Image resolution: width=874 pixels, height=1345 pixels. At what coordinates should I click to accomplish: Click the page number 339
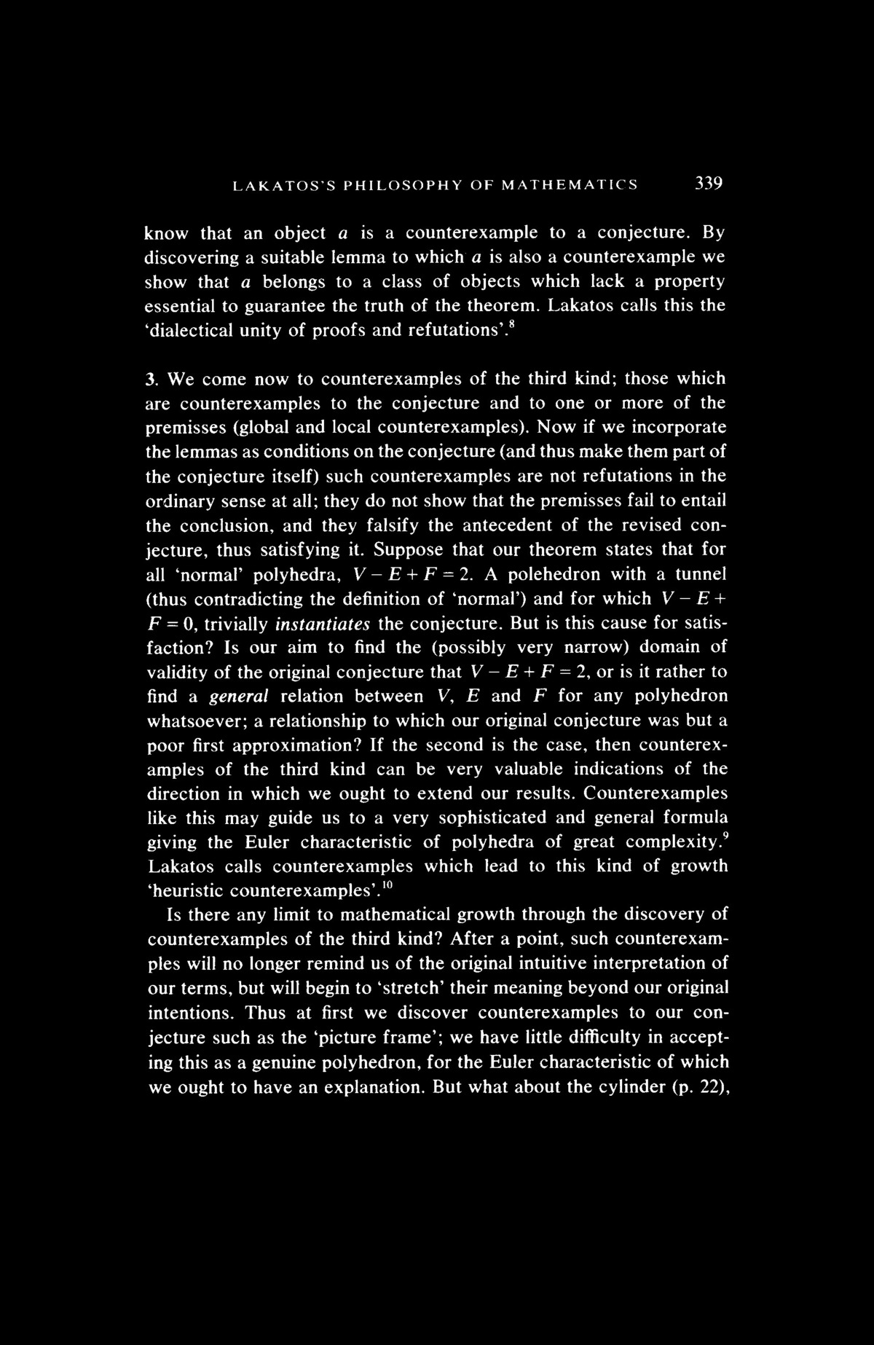click(707, 184)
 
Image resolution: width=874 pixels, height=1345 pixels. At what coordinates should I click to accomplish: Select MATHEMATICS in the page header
click(570, 185)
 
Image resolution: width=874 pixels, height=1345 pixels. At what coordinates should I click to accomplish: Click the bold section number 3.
click(152, 379)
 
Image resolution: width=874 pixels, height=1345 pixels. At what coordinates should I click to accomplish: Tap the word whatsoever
click(192, 721)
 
